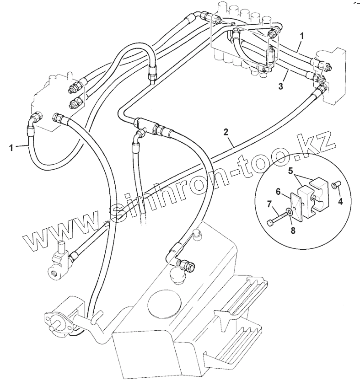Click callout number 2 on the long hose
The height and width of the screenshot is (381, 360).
click(226, 132)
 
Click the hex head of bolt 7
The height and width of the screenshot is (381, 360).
click(270, 223)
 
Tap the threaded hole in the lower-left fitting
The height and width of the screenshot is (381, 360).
click(55, 274)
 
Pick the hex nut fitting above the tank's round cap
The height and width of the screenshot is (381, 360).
click(188, 264)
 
